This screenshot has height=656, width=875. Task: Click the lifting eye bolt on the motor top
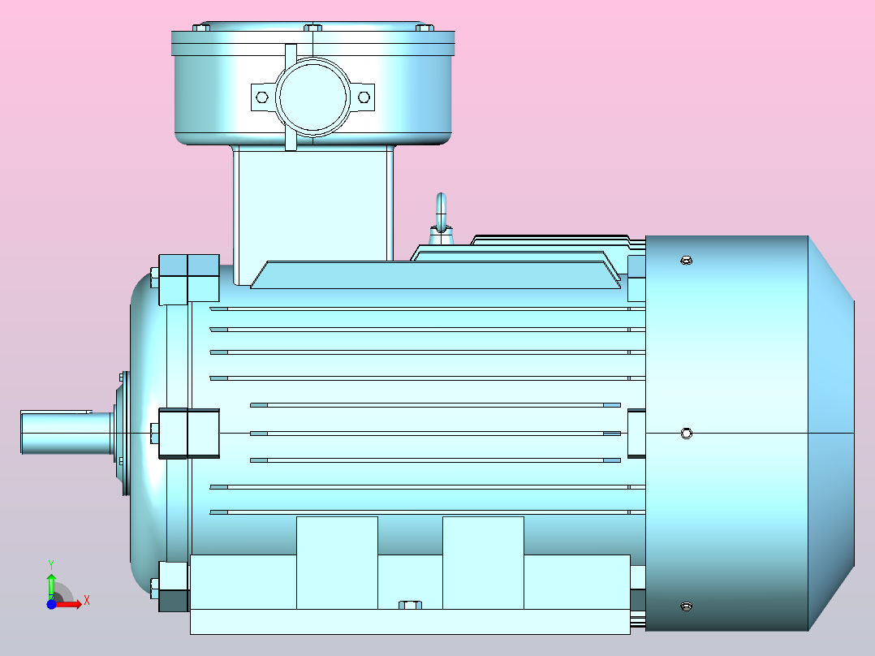tap(441, 213)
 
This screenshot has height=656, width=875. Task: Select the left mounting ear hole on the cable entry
tap(261, 97)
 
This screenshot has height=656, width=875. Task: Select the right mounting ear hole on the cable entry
tap(364, 97)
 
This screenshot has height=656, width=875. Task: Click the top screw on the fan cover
tap(686, 261)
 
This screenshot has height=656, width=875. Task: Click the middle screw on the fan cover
tap(686, 434)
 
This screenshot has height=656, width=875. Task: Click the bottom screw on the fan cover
tap(686, 606)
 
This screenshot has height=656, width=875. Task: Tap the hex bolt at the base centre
tap(411, 604)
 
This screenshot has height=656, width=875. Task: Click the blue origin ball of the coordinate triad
tap(51, 605)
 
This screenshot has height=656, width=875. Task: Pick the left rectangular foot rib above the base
tap(337, 562)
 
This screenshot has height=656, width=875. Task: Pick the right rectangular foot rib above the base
tap(483, 562)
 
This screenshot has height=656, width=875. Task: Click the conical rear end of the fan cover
tap(831, 434)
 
